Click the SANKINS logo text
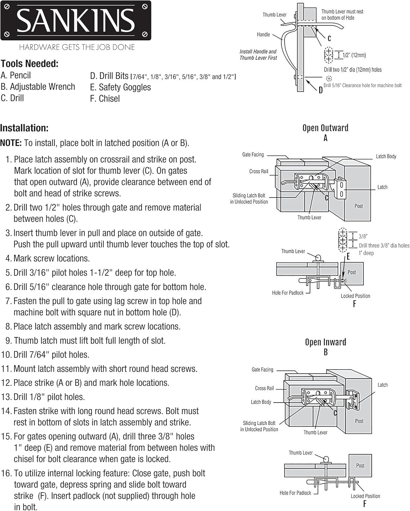pos(76,20)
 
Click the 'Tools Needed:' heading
pos(30,64)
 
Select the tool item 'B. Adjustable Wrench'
pos(38,87)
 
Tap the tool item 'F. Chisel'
pos(105,99)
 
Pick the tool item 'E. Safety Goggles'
pos(120,87)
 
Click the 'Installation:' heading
pos(24,128)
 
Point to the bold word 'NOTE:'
pos(11,143)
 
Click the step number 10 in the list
pos(6,355)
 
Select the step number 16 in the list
pos(6,473)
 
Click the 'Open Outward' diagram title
pos(325,128)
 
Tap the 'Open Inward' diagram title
pos(325,342)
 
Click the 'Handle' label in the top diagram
pos(263,34)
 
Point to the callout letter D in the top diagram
pos(320,90)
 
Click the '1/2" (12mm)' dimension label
pos(354,55)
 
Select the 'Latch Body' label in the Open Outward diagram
pos(386,156)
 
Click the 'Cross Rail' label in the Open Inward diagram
pos(264,388)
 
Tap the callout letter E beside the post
pos(348,257)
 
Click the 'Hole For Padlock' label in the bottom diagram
pos(295,493)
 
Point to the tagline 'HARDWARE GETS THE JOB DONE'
pos(77,47)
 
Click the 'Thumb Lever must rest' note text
pos(342,12)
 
